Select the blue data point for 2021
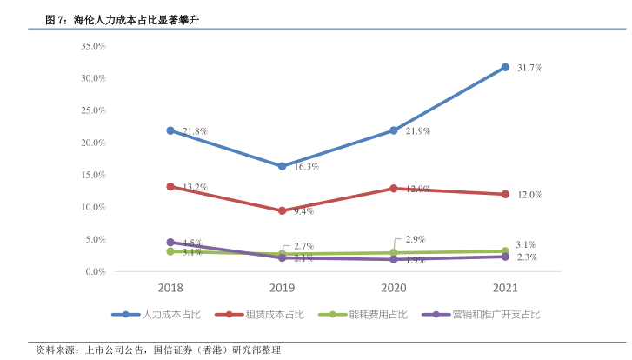coord(505,67)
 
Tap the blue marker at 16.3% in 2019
coord(282,166)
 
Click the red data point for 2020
coord(394,188)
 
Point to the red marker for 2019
coord(282,210)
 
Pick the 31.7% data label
coord(529,67)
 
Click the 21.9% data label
coord(418,131)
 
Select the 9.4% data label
coord(303,211)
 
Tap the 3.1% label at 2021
coord(527,245)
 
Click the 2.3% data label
coord(527,257)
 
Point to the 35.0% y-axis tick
coord(92,45)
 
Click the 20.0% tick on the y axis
coord(92,143)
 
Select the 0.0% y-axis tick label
coord(95,272)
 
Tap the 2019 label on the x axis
coord(282,288)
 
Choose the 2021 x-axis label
coord(505,288)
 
